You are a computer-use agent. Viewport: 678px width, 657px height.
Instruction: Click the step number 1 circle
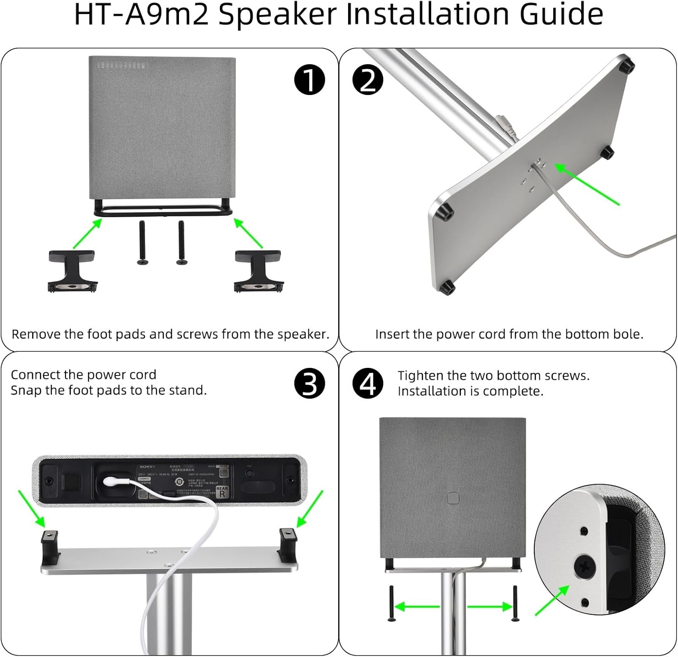(x=310, y=80)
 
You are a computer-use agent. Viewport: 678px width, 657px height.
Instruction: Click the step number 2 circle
(x=367, y=80)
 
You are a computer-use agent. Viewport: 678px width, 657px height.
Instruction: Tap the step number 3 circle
(x=310, y=383)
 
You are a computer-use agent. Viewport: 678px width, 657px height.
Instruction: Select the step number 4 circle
(x=367, y=383)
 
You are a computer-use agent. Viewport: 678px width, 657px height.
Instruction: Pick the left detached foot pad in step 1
(x=72, y=271)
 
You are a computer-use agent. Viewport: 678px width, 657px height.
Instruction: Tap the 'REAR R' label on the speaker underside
(x=222, y=492)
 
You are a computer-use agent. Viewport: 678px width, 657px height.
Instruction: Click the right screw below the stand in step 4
(x=515, y=604)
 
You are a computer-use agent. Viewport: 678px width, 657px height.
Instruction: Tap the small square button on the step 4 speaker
(x=453, y=499)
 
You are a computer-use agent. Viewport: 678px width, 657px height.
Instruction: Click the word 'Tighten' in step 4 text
(x=420, y=376)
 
